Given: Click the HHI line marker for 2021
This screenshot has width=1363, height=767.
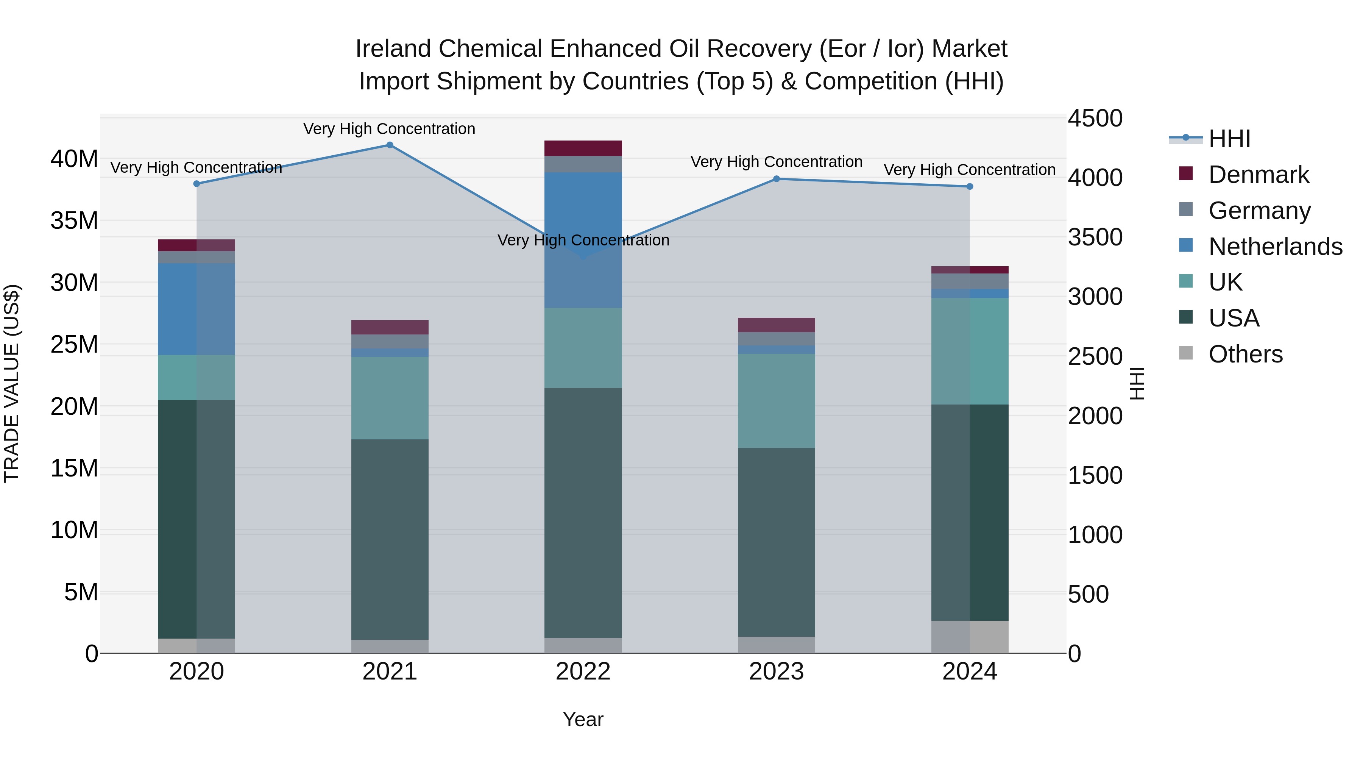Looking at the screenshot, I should [x=390, y=145].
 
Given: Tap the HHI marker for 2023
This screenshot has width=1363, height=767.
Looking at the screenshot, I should [x=776, y=179].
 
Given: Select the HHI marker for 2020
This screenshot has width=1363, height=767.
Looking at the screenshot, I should [x=196, y=184].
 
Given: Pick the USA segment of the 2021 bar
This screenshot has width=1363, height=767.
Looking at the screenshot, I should [x=390, y=539].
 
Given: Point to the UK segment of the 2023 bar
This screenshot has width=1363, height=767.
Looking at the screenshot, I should [x=776, y=401].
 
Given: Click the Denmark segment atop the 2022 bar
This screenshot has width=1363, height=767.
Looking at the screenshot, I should [x=583, y=148].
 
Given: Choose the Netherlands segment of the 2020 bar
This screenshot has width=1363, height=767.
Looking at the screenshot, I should [x=196, y=309].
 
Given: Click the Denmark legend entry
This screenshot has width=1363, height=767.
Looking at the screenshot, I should [x=1258, y=175].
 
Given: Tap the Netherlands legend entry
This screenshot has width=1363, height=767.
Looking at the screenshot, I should [x=1275, y=247].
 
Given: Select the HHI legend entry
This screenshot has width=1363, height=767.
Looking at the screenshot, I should [x=1229, y=139].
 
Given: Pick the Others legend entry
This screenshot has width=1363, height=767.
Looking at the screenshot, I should [x=1245, y=354].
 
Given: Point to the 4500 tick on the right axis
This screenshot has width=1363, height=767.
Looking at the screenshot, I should [x=1094, y=118].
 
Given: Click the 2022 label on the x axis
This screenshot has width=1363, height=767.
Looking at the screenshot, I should [x=583, y=672].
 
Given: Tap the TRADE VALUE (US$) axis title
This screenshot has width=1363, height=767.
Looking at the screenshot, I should [x=12, y=383].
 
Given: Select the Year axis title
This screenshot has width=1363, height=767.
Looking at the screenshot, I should [x=583, y=719].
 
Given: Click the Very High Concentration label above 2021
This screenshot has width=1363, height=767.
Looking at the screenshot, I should [x=390, y=129].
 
